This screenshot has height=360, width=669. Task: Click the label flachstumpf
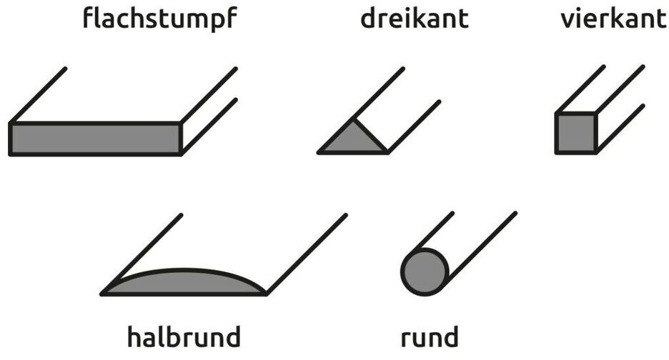coord(159,19)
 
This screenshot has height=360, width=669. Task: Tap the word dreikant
coord(414,19)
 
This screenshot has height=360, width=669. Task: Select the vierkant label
coord(613,19)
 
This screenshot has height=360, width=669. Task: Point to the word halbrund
coord(184,335)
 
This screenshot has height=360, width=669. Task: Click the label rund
coord(429,336)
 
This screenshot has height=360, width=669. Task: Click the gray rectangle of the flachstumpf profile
coord(94,139)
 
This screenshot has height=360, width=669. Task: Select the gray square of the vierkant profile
coord(576,133)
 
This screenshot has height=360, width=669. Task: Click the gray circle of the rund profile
coord(425,272)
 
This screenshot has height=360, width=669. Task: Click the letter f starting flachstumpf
coord(88,18)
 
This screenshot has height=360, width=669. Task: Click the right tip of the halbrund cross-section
coord(266,293)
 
